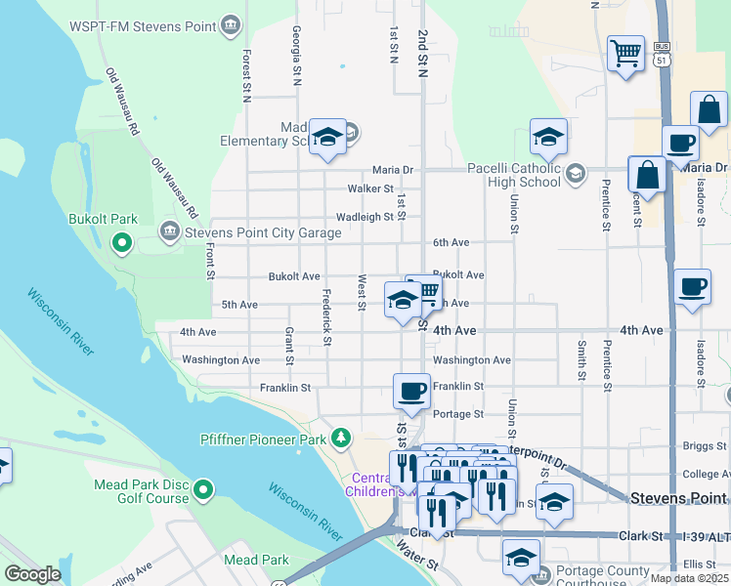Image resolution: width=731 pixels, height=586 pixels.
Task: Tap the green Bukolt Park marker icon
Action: click(x=122, y=241)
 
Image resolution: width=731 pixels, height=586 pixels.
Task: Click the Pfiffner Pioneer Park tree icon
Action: click(x=340, y=439)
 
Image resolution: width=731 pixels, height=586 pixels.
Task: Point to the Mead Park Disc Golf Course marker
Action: click(x=203, y=487)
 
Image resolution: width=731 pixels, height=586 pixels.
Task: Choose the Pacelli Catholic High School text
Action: click(x=513, y=174)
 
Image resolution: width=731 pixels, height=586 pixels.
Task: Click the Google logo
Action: click(x=32, y=574)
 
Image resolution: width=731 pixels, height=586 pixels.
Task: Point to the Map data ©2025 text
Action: click(x=689, y=578)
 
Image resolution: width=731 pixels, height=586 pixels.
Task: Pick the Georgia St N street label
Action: click(x=295, y=56)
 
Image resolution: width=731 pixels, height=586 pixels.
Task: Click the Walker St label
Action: click(x=370, y=188)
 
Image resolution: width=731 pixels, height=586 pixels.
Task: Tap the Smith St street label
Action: click(x=581, y=359)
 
